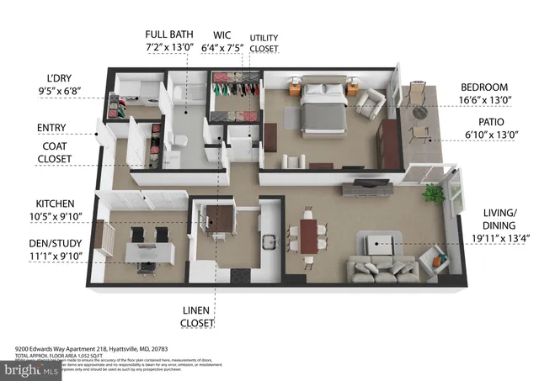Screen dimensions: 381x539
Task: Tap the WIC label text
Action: pyautogui.click(x=223, y=34)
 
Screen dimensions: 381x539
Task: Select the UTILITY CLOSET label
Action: pyautogui.click(x=264, y=43)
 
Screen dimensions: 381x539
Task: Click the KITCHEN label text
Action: pyautogui.click(x=55, y=204)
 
